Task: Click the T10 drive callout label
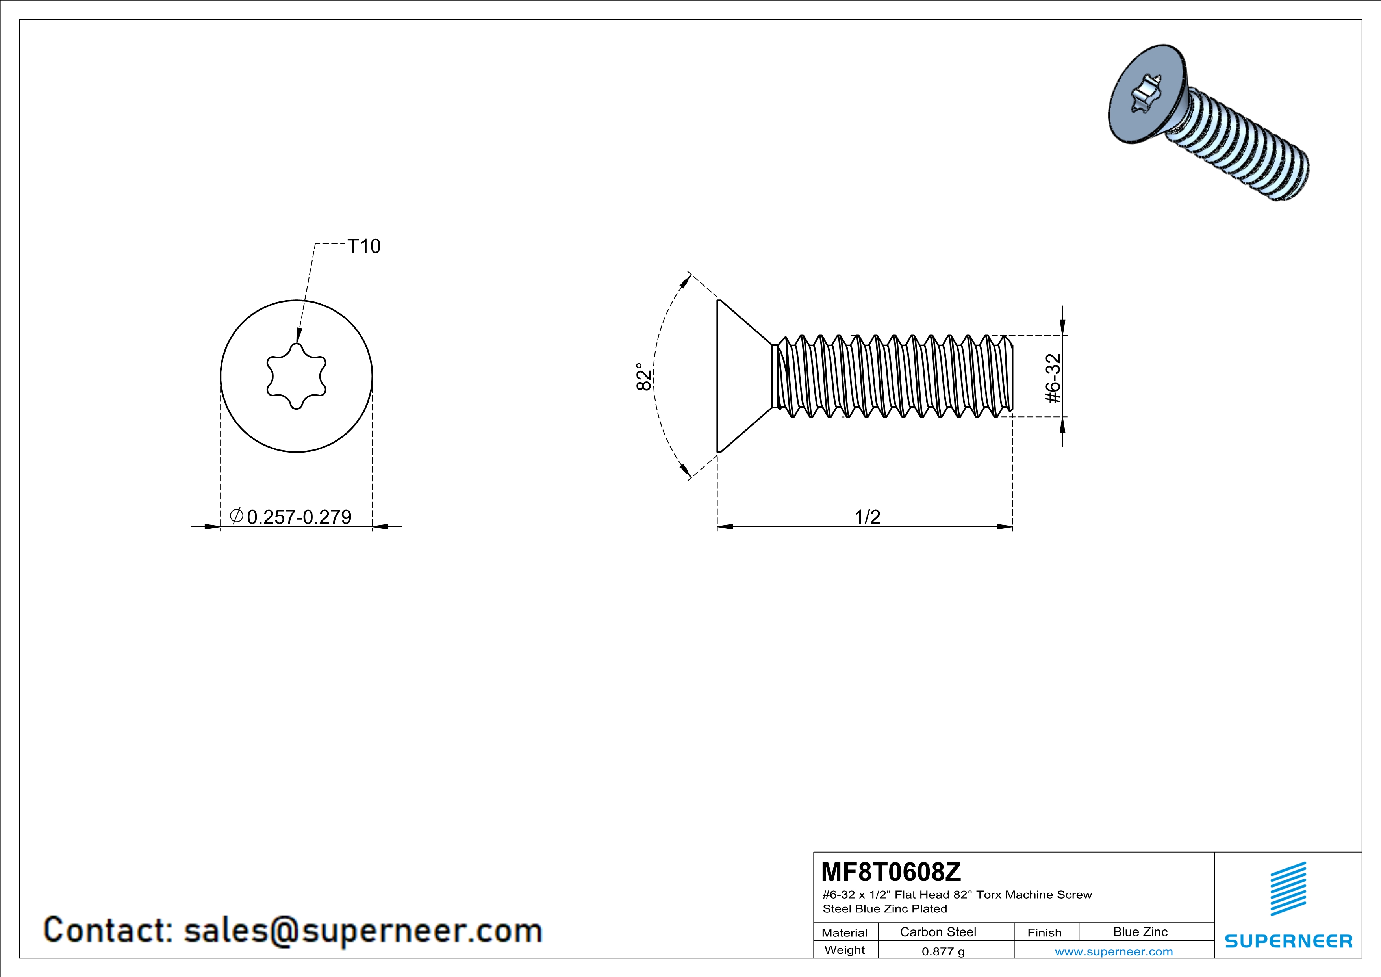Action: (x=364, y=246)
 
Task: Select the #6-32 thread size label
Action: (x=1053, y=379)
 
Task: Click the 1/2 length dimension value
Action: (x=868, y=517)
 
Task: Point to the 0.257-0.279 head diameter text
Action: (x=299, y=517)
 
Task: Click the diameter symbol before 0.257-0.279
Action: (x=236, y=516)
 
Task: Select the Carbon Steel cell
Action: (x=938, y=932)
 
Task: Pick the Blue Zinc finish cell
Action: (x=1140, y=932)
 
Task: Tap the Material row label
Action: (x=845, y=932)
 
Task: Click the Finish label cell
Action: (x=1044, y=932)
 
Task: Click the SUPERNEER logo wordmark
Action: (x=1288, y=941)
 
